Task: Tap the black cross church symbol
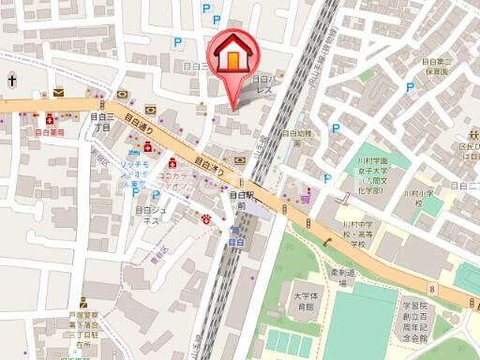[10, 81]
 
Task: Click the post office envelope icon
[59, 93]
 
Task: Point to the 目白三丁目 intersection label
[104, 121]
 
